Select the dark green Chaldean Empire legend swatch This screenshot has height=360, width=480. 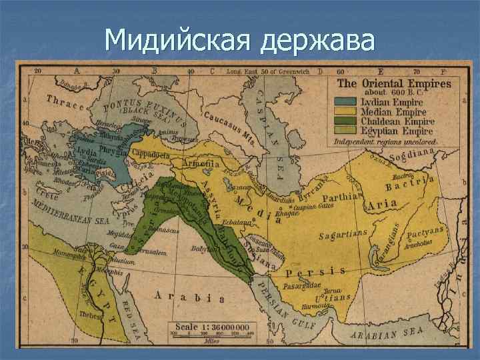coord(345,122)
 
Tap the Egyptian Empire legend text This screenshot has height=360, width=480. coord(397,131)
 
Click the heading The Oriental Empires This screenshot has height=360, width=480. coord(393,84)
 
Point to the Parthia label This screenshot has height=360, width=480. coord(341,197)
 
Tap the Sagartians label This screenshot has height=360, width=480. coord(343,233)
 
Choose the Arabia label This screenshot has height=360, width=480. coord(189,296)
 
